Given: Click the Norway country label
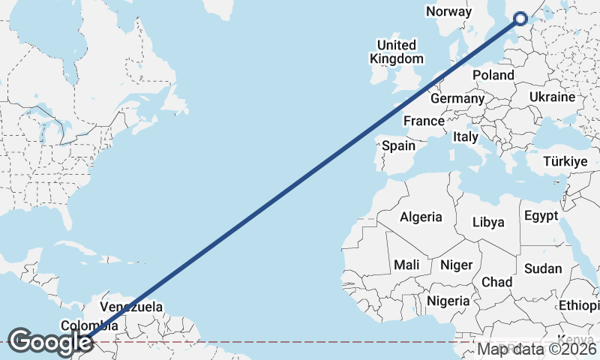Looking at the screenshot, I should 448,11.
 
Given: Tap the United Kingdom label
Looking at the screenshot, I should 397,52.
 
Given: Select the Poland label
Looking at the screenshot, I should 493,75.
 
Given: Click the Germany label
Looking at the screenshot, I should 457,98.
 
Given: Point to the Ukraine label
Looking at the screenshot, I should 552,97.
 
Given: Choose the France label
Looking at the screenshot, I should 424,121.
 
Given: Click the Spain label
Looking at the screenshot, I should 398,145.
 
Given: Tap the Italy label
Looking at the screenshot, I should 465,137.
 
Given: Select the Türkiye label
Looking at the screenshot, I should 565,162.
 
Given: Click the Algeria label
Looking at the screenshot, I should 421,217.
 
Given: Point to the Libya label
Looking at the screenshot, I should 488,222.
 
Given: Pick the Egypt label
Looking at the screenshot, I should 541,216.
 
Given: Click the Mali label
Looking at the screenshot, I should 407,265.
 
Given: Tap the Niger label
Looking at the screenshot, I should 456,265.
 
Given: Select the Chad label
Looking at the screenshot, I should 497,282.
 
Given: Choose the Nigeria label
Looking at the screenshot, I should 448,301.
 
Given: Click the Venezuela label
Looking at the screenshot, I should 131,307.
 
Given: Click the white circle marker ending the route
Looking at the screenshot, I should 520,19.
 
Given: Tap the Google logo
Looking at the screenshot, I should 49,342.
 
